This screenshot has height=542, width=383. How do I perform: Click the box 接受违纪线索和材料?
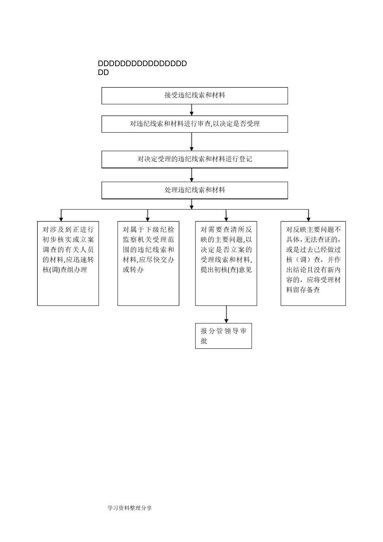coord(194,96)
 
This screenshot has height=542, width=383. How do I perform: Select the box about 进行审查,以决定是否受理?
coord(194,124)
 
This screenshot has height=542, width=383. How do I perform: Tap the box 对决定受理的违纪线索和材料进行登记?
coord(194,159)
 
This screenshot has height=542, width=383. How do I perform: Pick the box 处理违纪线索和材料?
coord(194,190)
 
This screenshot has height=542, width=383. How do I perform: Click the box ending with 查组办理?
coord(68,263)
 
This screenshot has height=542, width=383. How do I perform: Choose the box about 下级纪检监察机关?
coord(148,263)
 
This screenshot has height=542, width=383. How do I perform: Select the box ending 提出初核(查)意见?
coord(226,263)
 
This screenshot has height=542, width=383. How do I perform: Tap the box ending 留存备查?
coord(313,263)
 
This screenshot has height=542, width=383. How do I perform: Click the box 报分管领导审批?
coord(223,336)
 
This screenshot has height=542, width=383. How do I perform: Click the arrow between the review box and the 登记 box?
coord(191,142)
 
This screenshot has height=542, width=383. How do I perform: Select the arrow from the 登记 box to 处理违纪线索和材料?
coord(191,175)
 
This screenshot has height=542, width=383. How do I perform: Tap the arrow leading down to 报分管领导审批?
coord(226,314)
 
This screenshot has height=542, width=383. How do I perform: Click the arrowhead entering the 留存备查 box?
coord(308,217)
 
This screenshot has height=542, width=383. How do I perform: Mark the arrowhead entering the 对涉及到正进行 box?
coord(61,217)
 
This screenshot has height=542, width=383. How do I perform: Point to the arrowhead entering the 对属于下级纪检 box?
coord(148,217)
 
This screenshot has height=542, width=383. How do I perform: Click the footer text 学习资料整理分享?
coord(130,508)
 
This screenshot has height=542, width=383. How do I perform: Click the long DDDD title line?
coord(142,64)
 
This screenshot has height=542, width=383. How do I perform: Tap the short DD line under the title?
coord(103,73)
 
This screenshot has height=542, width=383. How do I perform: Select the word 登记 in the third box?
coord(246,159)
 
